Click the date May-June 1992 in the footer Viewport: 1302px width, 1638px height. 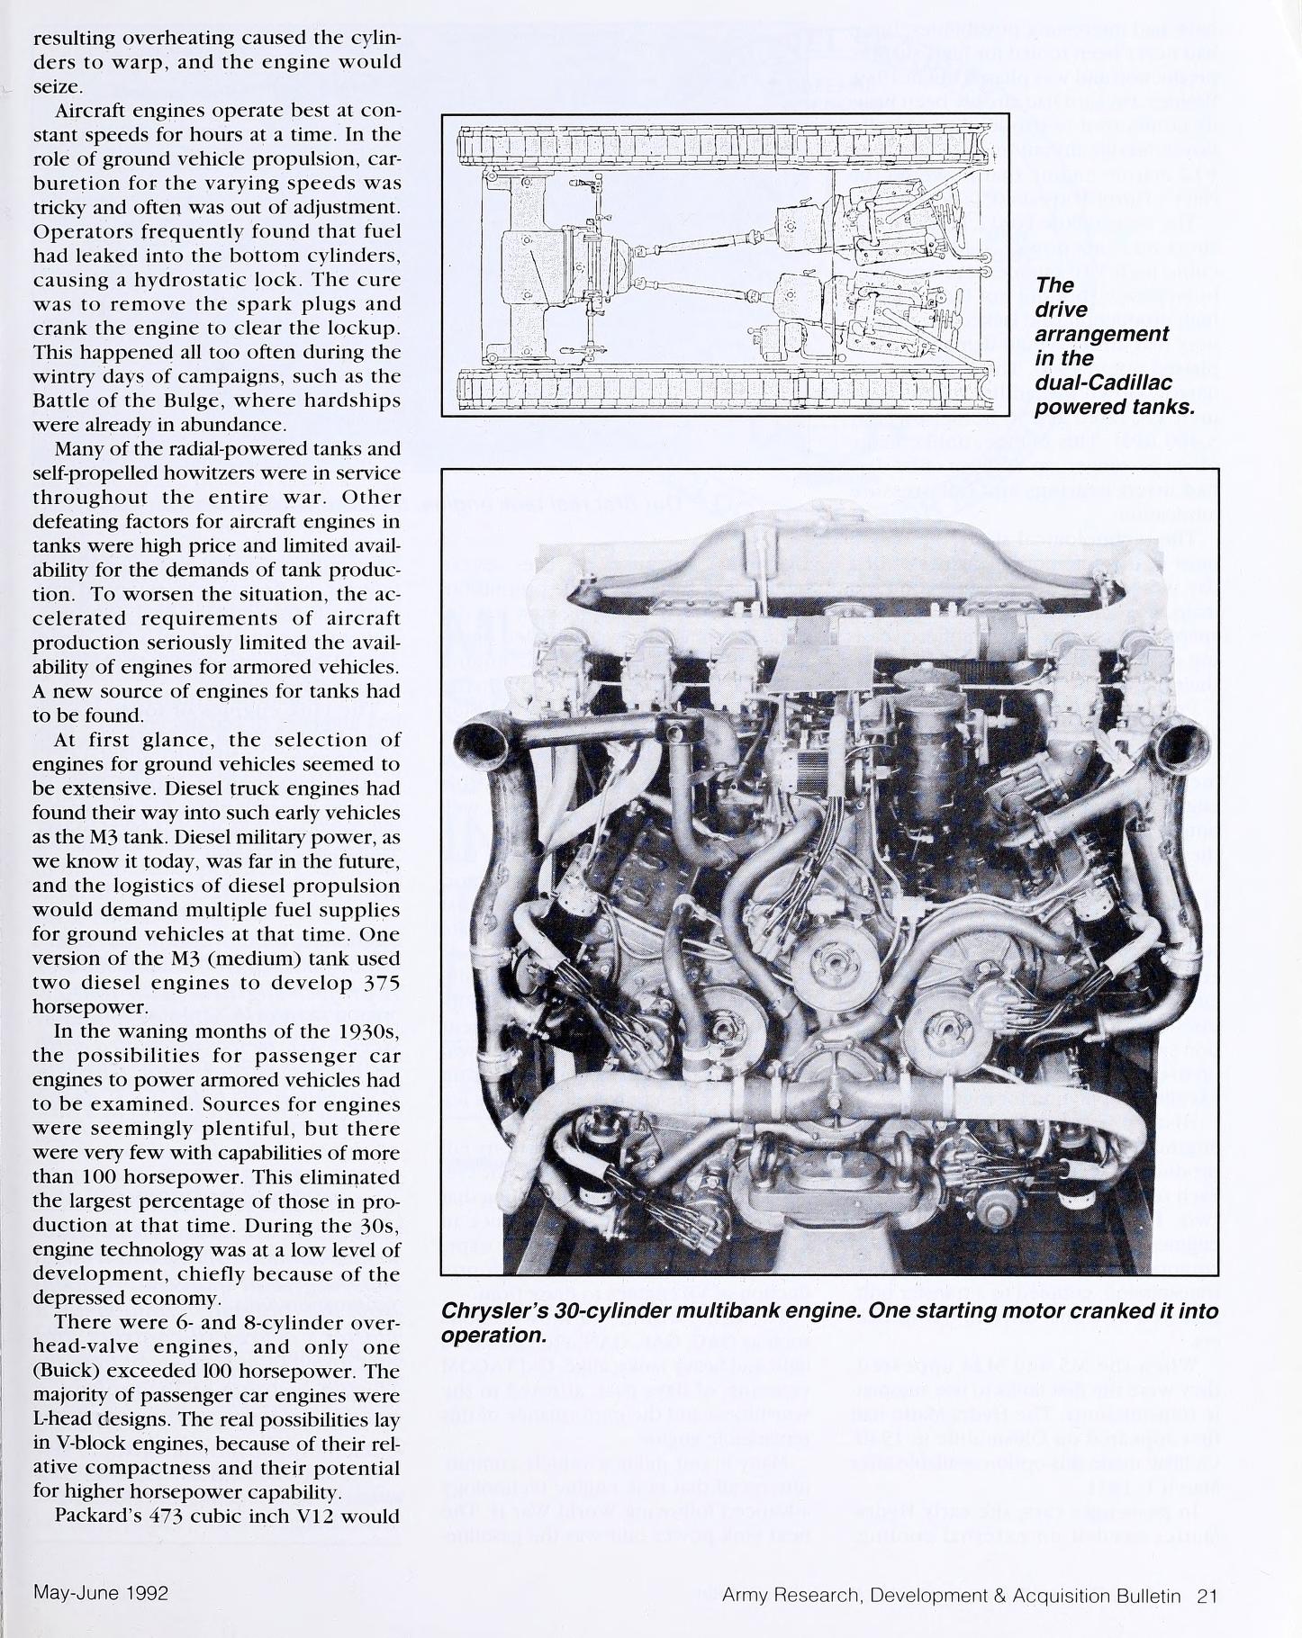(101, 1592)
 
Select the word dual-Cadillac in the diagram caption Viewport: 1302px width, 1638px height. (1102, 382)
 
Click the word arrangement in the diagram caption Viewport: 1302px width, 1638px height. (1101, 334)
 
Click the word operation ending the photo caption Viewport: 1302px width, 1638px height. (493, 1335)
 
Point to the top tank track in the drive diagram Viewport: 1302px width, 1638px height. (720, 142)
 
